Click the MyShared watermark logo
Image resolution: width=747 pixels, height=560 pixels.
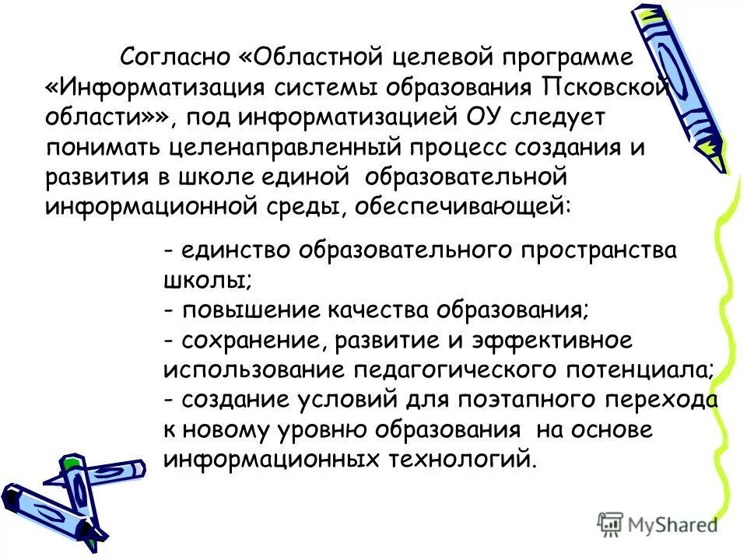[657, 523]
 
